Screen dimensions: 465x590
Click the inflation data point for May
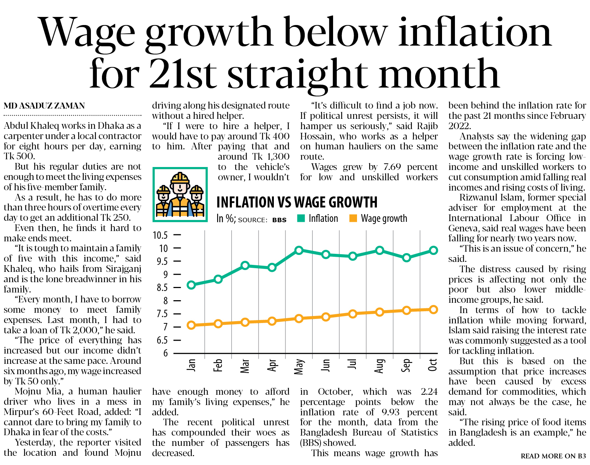[x=299, y=251]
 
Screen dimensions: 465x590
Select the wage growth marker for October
[x=433, y=309]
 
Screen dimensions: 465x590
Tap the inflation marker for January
[x=191, y=285]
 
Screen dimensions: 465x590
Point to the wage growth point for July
[x=353, y=314]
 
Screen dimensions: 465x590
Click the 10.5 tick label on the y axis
[x=160, y=235]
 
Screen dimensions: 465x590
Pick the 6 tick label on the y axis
[x=165, y=353]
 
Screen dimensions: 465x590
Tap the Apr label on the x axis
[x=272, y=365]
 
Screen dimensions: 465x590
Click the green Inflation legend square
[x=301, y=218]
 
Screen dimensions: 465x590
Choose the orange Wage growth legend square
[x=353, y=218]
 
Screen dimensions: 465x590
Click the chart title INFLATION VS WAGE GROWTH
[x=297, y=202]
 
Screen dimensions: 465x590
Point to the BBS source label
[x=279, y=220]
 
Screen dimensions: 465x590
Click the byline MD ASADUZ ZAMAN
[x=44, y=106]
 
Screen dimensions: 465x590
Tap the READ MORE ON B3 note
[x=553, y=456]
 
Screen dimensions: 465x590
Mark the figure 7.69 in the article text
[x=392, y=167]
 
